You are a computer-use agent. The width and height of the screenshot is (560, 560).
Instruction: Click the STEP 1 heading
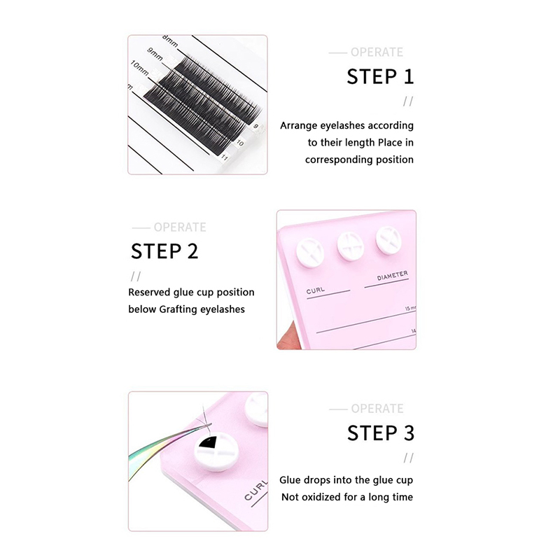point(380,77)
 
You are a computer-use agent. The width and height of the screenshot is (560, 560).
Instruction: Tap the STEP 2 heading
point(164,251)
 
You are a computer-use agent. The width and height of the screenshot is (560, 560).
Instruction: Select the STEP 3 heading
point(381,433)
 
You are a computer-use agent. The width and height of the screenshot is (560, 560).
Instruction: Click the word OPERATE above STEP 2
point(180,227)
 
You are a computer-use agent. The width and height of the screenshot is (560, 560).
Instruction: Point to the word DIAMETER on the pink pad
point(392,275)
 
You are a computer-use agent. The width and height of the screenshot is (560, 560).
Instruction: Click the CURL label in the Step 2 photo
point(316,290)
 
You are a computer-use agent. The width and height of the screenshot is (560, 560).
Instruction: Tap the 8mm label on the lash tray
point(170,41)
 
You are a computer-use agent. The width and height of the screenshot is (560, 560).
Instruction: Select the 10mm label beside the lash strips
point(139,67)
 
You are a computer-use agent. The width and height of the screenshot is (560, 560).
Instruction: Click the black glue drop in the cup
point(208,443)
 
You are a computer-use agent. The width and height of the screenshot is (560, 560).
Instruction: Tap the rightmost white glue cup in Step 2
point(388,240)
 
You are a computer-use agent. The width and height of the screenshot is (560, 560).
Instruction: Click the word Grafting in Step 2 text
point(178,309)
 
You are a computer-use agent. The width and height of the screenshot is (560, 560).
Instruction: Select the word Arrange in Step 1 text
point(299,126)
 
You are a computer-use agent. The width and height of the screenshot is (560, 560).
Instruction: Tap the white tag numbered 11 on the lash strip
point(224,156)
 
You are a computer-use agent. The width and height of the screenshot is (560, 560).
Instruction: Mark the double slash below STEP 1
point(408,101)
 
